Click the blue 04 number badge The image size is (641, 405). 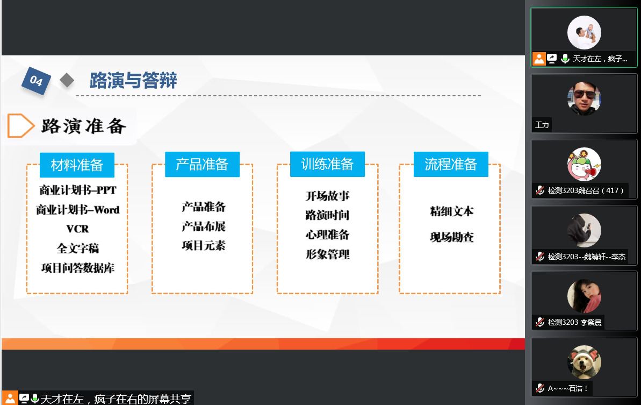(x=36, y=81)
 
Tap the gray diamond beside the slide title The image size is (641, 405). (x=67, y=80)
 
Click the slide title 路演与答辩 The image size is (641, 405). (x=133, y=80)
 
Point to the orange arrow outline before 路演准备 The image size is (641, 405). (x=20, y=125)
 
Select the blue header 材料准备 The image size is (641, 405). (x=77, y=165)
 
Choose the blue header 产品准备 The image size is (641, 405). (x=202, y=164)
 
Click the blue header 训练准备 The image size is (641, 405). (x=327, y=164)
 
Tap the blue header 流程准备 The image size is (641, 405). (x=450, y=164)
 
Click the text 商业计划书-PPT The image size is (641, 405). (x=78, y=190)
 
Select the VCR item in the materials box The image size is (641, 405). (x=78, y=229)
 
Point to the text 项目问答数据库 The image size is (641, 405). (x=78, y=268)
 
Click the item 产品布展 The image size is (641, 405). (x=204, y=226)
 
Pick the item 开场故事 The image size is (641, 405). (x=327, y=196)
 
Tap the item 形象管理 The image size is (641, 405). (x=327, y=254)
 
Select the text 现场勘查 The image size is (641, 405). (x=452, y=237)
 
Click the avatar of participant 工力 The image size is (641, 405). (x=584, y=98)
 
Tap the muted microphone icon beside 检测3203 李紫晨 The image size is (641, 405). (x=540, y=322)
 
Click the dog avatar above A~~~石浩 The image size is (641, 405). (x=584, y=362)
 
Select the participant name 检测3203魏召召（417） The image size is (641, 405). (x=586, y=190)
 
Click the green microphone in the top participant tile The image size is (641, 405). (x=565, y=59)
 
